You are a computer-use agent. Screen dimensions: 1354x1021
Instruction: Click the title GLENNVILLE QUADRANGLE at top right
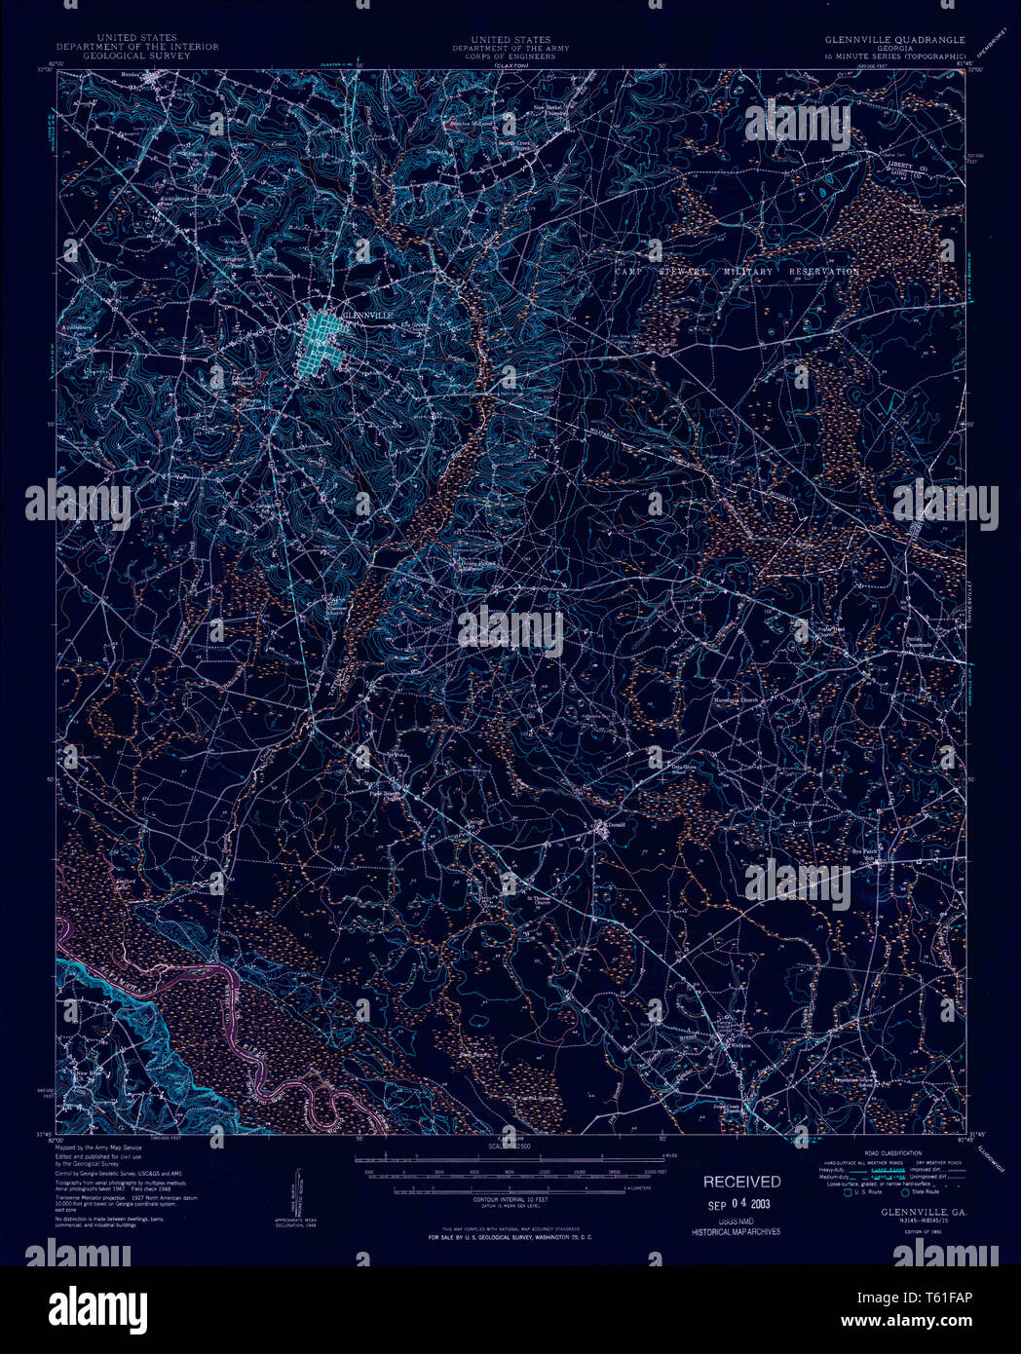894,41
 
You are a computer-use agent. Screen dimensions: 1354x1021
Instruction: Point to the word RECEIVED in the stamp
742,1182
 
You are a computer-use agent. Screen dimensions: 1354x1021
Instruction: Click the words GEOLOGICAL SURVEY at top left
137,56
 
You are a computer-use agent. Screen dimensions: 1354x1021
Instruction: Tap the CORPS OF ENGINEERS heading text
510,56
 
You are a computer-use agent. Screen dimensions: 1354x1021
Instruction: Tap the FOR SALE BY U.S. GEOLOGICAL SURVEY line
510,1236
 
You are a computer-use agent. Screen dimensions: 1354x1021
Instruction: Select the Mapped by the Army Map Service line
98,1148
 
